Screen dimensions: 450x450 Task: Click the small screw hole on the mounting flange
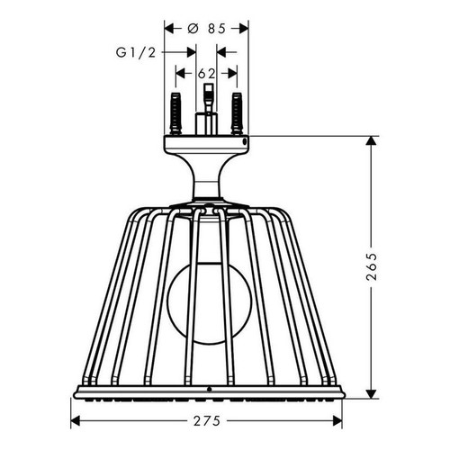click(244, 140)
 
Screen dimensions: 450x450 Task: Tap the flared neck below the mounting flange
click(207, 175)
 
